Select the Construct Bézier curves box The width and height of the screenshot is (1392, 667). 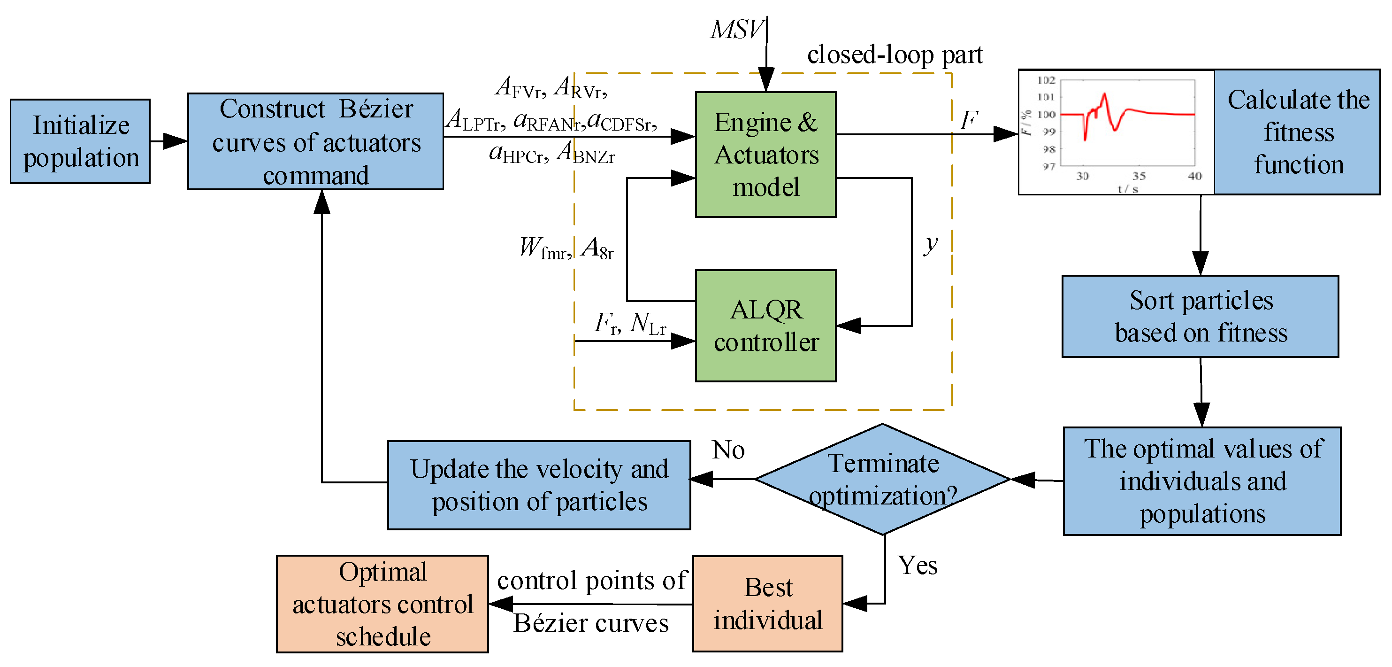(x=315, y=141)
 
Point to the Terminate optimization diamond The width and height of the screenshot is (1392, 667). (x=882, y=479)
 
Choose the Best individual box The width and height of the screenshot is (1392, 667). (x=767, y=603)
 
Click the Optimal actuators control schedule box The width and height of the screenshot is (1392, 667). (x=382, y=604)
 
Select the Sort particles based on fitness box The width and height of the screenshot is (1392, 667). (x=1200, y=316)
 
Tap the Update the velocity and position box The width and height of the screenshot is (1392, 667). (x=539, y=485)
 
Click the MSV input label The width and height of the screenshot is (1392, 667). (x=736, y=29)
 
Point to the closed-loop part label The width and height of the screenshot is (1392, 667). (x=895, y=54)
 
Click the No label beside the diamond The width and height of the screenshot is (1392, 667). (x=728, y=450)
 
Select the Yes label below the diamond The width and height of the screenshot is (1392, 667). (x=917, y=565)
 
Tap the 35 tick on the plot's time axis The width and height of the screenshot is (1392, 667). (x=1139, y=176)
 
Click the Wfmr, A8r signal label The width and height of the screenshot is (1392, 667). (x=566, y=248)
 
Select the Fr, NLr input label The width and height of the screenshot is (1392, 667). (x=629, y=324)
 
